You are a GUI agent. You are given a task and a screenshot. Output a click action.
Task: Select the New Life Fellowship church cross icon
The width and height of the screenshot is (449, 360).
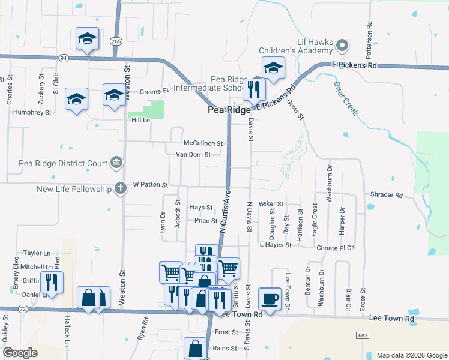121,188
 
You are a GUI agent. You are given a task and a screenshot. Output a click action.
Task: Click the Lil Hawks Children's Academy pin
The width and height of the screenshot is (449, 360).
342,45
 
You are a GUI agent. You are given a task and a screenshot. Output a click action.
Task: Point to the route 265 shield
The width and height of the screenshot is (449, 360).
116,41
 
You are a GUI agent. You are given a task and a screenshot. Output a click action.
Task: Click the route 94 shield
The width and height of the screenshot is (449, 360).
63,58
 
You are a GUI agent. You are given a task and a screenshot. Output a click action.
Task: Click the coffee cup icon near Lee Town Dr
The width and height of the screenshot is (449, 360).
270,298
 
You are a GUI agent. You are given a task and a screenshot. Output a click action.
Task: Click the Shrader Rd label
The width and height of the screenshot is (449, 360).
387,195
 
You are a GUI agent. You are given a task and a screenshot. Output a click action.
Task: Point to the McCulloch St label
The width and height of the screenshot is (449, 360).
203,143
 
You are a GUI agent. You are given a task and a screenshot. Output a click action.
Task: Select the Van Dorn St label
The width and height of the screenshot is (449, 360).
193,154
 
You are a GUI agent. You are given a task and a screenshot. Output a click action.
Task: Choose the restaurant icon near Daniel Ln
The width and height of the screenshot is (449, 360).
51,282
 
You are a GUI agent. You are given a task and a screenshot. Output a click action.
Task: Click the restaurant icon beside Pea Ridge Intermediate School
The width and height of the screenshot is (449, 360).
254,89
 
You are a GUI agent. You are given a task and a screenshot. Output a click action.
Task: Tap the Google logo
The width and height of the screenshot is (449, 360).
20,353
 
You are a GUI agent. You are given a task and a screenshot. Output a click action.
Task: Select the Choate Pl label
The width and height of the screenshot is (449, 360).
338,247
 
